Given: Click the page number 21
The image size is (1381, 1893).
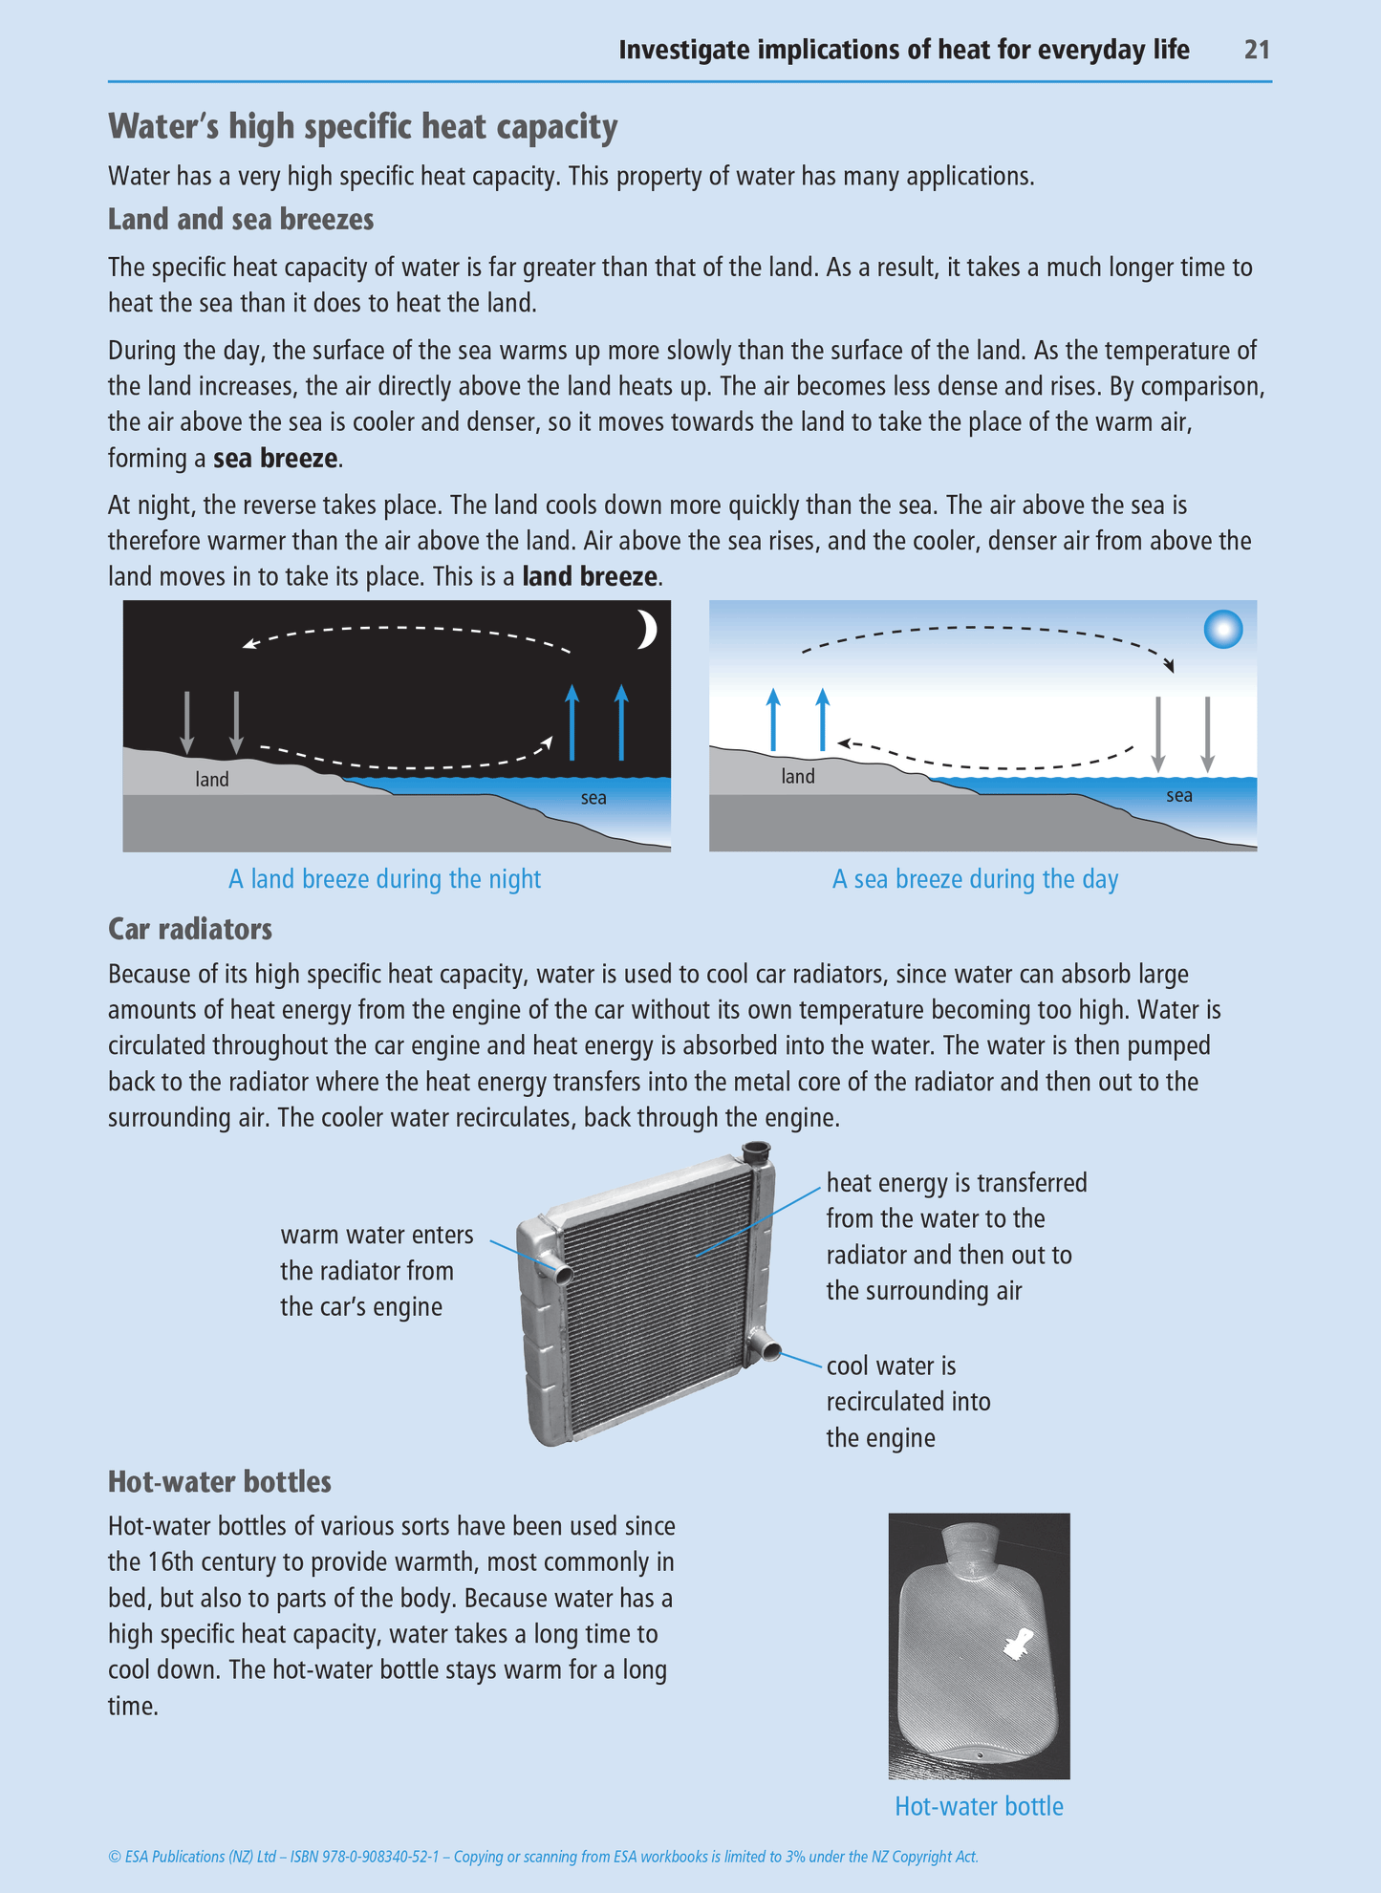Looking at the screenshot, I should tap(1256, 50).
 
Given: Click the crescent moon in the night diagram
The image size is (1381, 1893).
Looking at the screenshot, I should tap(648, 630).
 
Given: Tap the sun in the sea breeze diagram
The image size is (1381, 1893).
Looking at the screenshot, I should tap(1223, 630).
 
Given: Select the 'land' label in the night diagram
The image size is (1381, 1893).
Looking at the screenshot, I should tap(212, 780).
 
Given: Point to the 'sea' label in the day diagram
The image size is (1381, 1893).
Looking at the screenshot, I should tap(1179, 796).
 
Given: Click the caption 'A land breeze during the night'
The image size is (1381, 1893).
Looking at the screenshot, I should tap(384, 879).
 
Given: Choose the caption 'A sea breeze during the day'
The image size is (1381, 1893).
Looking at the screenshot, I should tap(975, 879).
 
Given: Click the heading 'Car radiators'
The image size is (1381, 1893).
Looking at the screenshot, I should tap(190, 929).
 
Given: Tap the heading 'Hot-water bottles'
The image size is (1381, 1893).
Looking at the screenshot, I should tap(220, 1482).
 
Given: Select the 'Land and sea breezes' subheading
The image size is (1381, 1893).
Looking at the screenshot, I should tap(241, 220).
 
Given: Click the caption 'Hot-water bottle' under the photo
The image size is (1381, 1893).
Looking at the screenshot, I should tap(979, 1807).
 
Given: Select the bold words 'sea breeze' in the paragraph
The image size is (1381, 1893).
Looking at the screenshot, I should tap(275, 459).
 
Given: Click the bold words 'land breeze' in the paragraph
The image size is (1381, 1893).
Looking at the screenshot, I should tap(590, 577).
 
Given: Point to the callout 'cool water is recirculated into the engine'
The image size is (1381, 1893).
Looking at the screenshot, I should tap(908, 1402).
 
